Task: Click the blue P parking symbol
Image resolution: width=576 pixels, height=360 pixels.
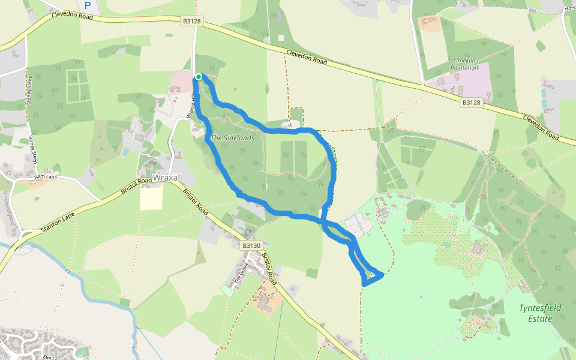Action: click(88, 6)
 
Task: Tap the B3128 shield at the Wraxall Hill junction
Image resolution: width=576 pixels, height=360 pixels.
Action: click(192, 22)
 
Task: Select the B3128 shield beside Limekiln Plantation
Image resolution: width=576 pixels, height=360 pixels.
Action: click(472, 103)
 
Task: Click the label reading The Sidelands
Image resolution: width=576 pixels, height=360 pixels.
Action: click(232, 138)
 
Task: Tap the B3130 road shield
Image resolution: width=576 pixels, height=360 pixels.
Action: click(251, 245)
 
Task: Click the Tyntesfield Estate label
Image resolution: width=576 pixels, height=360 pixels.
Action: click(540, 313)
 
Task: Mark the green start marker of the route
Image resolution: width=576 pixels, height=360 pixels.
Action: click(198, 76)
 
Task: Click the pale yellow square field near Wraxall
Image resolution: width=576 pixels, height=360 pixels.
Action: click(151, 198)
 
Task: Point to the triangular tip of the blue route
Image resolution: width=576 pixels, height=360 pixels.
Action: click(382, 275)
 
